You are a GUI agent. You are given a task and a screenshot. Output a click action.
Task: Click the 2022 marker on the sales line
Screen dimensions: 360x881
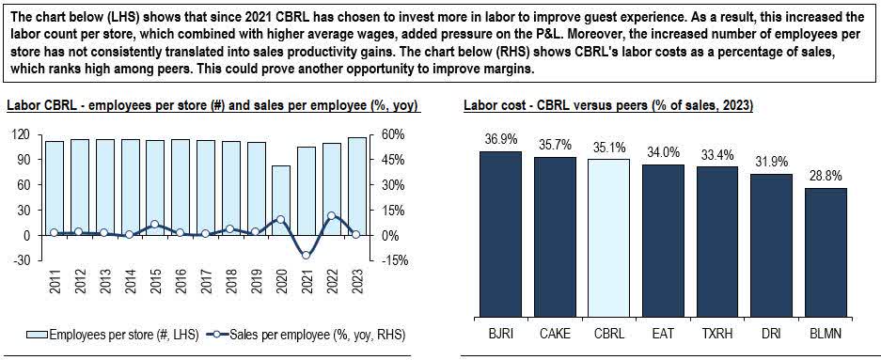pos(331,215)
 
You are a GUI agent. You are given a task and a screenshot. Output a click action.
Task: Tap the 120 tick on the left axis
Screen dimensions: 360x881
pos(21,134)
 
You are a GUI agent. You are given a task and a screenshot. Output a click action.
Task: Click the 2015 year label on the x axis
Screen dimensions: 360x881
pos(152,285)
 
